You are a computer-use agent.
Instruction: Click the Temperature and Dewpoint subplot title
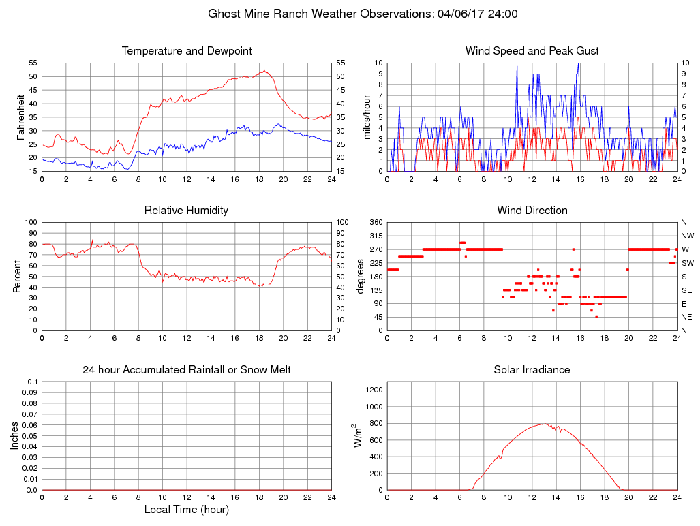(x=187, y=51)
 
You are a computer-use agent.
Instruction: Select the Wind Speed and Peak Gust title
(x=532, y=51)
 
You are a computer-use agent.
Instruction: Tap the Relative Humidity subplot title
(x=186, y=211)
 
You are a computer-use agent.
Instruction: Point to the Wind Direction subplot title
(x=532, y=211)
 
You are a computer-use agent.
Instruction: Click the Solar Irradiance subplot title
(x=532, y=370)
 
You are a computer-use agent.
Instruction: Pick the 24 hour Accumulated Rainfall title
(x=187, y=370)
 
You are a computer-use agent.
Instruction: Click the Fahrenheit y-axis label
(x=21, y=117)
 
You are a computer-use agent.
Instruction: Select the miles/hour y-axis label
(x=366, y=117)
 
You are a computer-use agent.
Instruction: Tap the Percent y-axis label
(x=17, y=276)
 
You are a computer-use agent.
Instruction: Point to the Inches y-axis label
(x=14, y=435)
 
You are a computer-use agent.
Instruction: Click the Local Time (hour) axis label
(x=187, y=509)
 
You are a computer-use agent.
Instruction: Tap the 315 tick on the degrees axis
(x=375, y=236)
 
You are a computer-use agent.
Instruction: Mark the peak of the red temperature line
(x=264, y=70)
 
